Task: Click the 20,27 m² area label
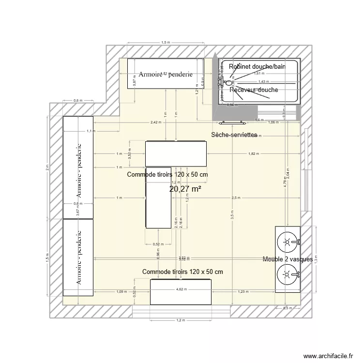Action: [185, 189]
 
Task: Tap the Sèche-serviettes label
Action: [234, 135]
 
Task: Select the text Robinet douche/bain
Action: [257, 66]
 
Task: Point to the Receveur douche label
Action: [254, 90]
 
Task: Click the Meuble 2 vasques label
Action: [288, 260]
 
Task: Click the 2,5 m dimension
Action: [236, 197]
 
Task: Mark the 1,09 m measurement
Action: [122, 291]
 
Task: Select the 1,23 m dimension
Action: [243, 291]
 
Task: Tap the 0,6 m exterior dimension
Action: [77, 101]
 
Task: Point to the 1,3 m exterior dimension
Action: [316, 260]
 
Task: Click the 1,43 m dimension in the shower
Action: [264, 82]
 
